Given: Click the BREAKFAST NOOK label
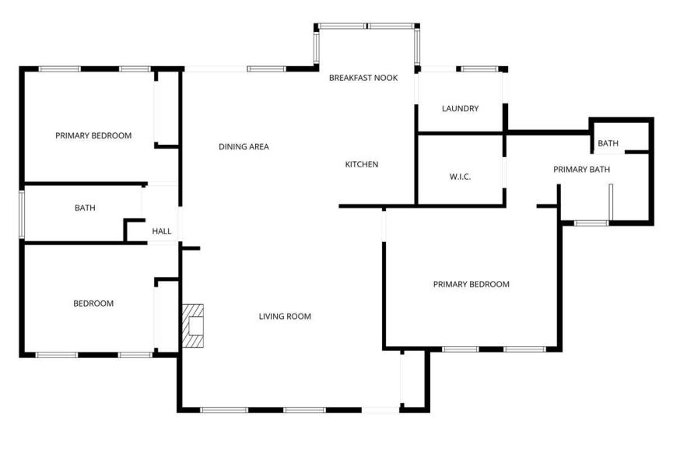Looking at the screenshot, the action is pyautogui.click(x=363, y=78).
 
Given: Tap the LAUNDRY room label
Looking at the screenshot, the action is pyautogui.click(x=460, y=109).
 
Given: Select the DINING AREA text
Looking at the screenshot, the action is pyautogui.click(x=244, y=147).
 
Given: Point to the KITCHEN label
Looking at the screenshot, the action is pyautogui.click(x=361, y=164).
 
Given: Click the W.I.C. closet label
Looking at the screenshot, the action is pyautogui.click(x=460, y=177).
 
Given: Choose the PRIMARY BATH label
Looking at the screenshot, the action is pyautogui.click(x=581, y=170).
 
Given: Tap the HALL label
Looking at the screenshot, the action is pyautogui.click(x=162, y=231).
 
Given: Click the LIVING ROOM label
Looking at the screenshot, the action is pyautogui.click(x=285, y=317).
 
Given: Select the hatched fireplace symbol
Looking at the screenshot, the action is pyautogui.click(x=193, y=326).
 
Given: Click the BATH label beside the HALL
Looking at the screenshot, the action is pyautogui.click(x=85, y=209).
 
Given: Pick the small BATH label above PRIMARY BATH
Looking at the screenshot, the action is pyautogui.click(x=608, y=143).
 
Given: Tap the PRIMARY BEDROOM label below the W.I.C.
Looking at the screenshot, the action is pyautogui.click(x=471, y=284).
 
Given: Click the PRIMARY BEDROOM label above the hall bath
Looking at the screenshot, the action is pyautogui.click(x=93, y=135).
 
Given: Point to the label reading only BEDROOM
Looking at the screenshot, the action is pyautogui.click(x=93, y=303).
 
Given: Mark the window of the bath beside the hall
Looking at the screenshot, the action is pyautogui.click(x=22, y=214).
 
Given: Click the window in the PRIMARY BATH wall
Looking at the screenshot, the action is pyautogui.click(x=591, y=223).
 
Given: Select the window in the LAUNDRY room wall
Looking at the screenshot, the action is pyautogui.click(x=479, y=68).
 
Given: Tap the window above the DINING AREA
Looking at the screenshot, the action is pyautogui.click(x=267, y=68).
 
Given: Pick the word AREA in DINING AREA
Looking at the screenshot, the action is pyautogui.click(x=259, y=147).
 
